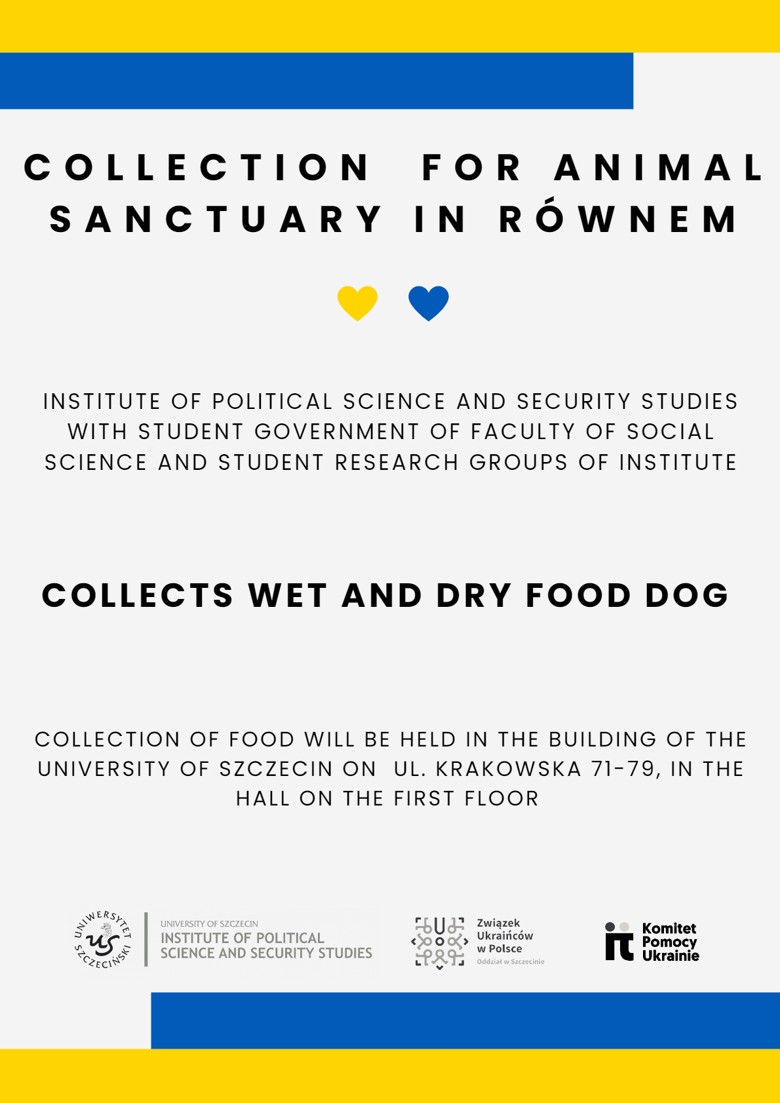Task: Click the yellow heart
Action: [357, 303]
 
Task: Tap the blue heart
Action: [428, 303]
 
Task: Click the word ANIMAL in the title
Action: [659, 168]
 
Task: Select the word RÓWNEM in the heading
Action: [619, 219]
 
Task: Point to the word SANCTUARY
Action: [216, 219]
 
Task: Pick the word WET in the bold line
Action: [288, 596]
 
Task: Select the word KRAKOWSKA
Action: [509, 769]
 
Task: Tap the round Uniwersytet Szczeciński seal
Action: [102, 940]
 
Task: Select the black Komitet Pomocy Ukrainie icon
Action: [619, 942]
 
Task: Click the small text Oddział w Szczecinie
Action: [511, 962]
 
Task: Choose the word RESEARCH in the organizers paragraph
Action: [397, 463]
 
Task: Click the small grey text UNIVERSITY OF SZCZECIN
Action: [209, 924]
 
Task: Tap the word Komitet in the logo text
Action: [669, 929]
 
